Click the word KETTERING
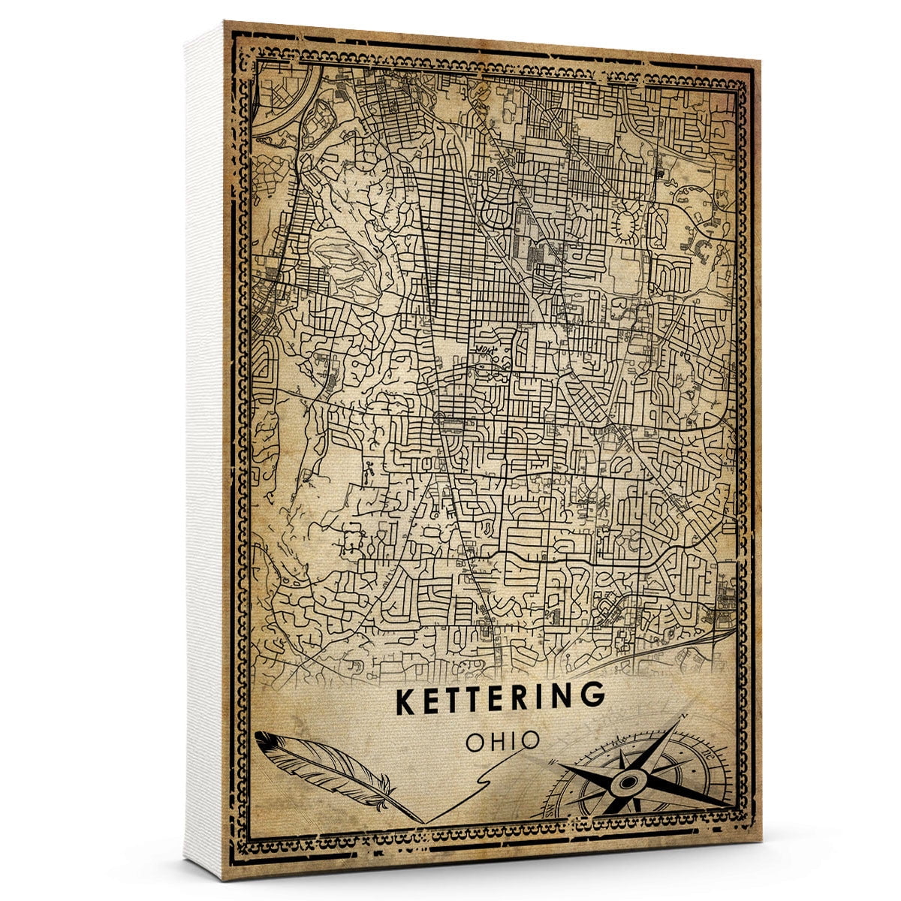[x=499, y=698]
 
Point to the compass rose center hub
[x=625, y=784]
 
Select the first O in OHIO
[x=475, y=742]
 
